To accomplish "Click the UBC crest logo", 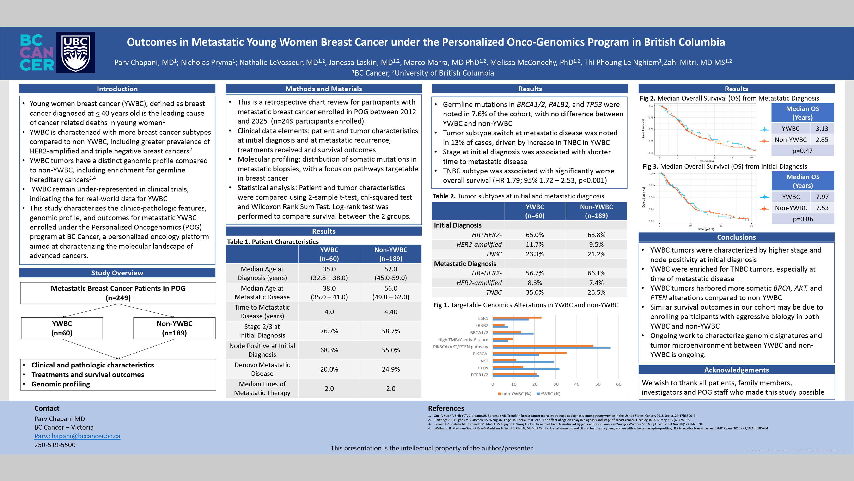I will (76, 52).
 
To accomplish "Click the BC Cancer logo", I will (37, 52).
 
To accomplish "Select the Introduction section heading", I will (117, 89).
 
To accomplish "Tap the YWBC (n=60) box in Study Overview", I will (62, 328).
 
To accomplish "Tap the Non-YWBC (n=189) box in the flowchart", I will (174, 328).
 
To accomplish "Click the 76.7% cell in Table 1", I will (329, 331).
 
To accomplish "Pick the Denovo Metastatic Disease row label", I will (262, 369).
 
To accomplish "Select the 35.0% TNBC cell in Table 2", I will (534, 292).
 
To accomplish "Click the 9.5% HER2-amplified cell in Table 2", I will (596, 244).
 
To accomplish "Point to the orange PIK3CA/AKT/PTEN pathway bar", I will (543, 346).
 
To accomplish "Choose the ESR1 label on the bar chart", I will (483, 318).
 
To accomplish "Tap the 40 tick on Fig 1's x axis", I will (577, 384).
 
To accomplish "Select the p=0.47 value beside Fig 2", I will (802, 151).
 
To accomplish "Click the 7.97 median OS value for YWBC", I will (822, 197).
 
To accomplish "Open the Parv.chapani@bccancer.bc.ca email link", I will (77, 436).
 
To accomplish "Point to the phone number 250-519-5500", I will (55, 444).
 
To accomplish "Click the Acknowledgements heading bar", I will (736, 370).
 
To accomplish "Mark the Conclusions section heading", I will (736, 237).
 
